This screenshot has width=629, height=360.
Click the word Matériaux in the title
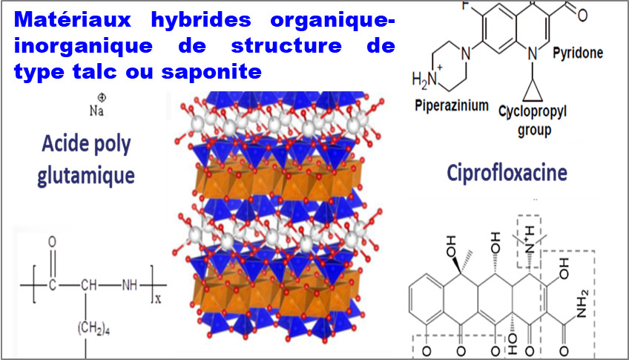click(x=72, y=19)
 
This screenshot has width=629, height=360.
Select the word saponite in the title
click(x=211, y=71)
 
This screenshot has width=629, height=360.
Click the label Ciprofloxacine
click(x=507, y=173)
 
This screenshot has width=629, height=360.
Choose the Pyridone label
click(x=578, y=53)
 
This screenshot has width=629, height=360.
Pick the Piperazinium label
click(x=452, y=105)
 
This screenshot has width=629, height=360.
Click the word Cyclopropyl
click(x=533, y=111)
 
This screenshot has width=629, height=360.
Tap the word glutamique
click(x=86, y=175)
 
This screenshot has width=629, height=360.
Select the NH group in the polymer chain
click(x=130, y=285)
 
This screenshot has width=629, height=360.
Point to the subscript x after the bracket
click(x=158, y=299)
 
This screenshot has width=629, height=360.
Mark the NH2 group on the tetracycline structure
click(x=582, y=304)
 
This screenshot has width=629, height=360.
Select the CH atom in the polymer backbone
click(x=88, y=285)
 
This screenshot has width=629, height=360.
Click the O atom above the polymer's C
click(x=52, y=242)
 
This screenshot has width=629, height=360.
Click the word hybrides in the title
click(x=201, y=19)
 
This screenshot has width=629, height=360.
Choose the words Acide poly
click(x=86, y=144)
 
